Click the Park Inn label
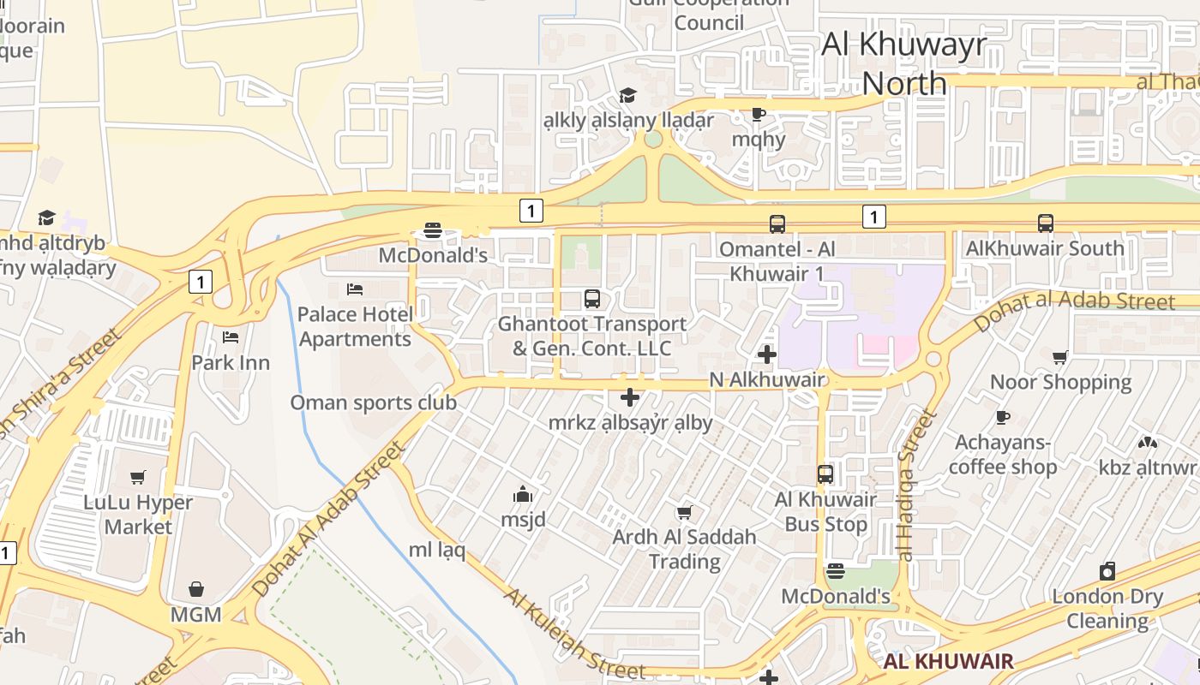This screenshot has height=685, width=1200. tap(230, 362)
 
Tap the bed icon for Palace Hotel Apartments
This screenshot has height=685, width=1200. tap(355, 289)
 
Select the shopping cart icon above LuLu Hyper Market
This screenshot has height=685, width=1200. tap(138, 477)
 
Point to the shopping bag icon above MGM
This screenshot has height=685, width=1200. tap(196, 589)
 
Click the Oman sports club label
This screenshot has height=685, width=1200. tap(373, 402)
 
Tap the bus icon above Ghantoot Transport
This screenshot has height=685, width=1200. tap(591, 299)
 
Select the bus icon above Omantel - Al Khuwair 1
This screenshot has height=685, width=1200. tap(777, 224)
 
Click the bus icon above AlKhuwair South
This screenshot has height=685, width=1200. tap(1045, 223)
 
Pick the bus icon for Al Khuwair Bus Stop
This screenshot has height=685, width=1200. tap(825, 474)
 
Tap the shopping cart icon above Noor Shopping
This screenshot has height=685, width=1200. tap(1060, 357)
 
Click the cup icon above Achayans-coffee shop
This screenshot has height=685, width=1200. tap(1002, 417)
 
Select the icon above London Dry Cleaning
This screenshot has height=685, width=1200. tap(1107, 571)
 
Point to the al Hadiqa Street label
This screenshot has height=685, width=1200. tap(915, 484)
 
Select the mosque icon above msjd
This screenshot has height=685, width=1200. tap(523, 494)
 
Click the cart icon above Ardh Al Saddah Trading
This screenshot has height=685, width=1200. tap(684, 513)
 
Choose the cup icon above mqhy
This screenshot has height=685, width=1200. tap(758, 113)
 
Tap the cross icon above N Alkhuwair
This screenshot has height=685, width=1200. tap(767, 354)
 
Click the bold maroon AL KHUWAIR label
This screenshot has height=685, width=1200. tap(948, 661)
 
